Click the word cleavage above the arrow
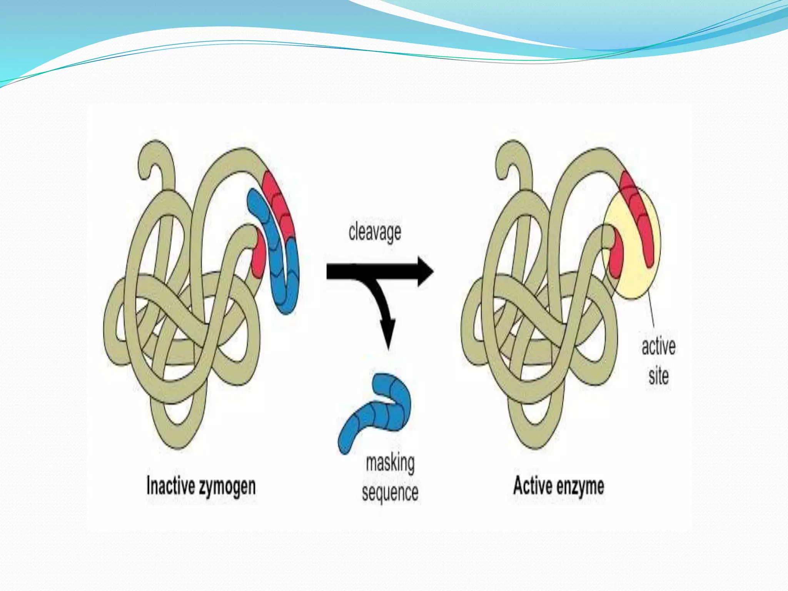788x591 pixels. click(x=375, y=232)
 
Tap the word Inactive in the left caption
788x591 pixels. click(x=170, y=486)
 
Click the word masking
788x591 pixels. click(x=390, y=463)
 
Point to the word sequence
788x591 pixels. click(x=390, y=493)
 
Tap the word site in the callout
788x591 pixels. click(x=658, y=376)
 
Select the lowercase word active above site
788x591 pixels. click(x=658, y=346)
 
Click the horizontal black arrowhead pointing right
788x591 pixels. click(x=425, y=271)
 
